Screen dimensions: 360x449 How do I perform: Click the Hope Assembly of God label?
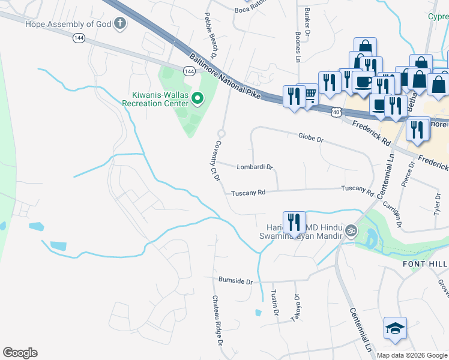coord(69,24)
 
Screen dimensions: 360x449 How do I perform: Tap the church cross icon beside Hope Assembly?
coord(120,24)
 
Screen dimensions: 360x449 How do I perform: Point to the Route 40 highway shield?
coord(336,112)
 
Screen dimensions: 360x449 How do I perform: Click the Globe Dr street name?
coord(310,139)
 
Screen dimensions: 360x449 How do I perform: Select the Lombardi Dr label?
coord(255,167)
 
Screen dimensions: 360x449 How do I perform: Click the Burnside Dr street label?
coord(236,280)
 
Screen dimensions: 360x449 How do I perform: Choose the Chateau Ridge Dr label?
coord(217,320)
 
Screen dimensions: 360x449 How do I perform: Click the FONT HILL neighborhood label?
coord(424,264)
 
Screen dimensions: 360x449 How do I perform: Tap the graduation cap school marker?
coord(395,328)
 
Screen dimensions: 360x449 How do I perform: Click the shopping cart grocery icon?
coord(310,94)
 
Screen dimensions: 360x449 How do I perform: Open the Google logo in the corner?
coord(20,353)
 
